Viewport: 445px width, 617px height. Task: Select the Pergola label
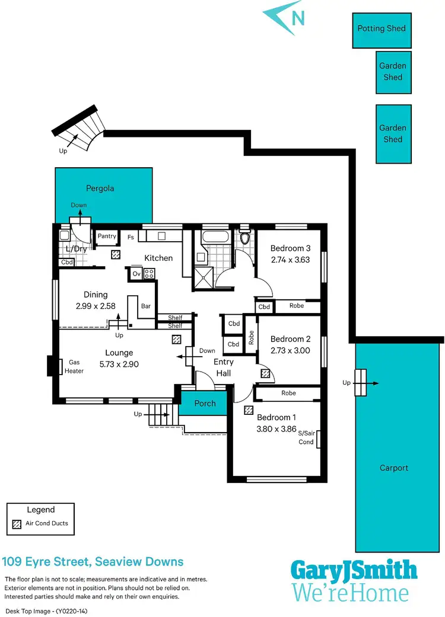click(100, 188)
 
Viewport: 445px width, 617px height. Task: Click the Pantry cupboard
click(107, 236)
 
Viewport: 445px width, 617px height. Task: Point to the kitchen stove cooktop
click(150, 273)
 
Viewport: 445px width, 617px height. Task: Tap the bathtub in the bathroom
click(213, 240)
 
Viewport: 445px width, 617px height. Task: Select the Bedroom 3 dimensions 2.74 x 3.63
click(291, 259)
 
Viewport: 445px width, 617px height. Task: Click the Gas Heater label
click(75, 366)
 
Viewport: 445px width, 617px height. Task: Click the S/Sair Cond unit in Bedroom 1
click(319, 439)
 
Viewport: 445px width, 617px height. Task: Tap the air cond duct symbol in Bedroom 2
click(265, 373)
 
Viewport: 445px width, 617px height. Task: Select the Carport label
click(394, 468)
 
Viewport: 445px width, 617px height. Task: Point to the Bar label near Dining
click(145, 306)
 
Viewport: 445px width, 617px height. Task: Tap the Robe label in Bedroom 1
click(288, 393)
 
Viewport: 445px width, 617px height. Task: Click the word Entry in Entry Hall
click(223, 362)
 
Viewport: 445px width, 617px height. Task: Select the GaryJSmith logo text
click(354, 571)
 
